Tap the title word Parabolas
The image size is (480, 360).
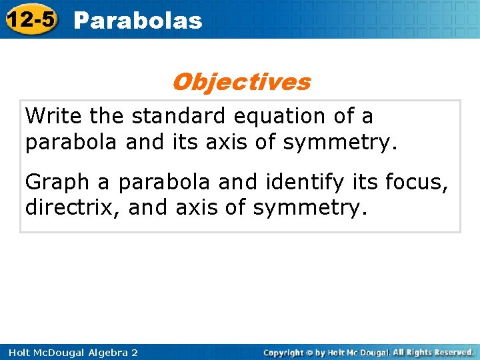[137, 21]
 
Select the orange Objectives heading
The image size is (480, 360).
[241, 82]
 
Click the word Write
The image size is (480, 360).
[54, 116]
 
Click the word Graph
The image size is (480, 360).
[56, 182]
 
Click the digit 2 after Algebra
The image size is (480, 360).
[135, 352]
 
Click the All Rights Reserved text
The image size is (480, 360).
[433, 352]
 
